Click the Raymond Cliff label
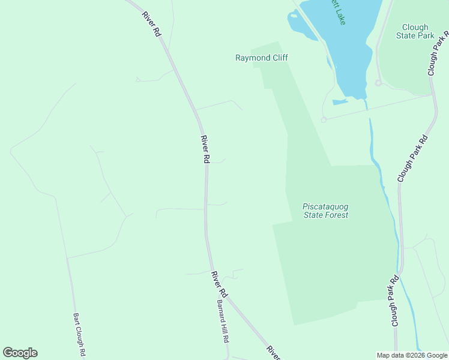[261, 58]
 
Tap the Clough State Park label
[415, 31]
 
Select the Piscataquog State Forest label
[325, 211]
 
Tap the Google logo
[20, 353]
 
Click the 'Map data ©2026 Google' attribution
[412, 355]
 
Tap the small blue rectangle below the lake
[340, 102]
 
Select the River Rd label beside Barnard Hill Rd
[218, 284]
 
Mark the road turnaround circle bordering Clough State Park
[378, 83]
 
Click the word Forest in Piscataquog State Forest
[337, 215]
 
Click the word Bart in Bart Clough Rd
[76, 318]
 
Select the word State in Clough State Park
[406, 35]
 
